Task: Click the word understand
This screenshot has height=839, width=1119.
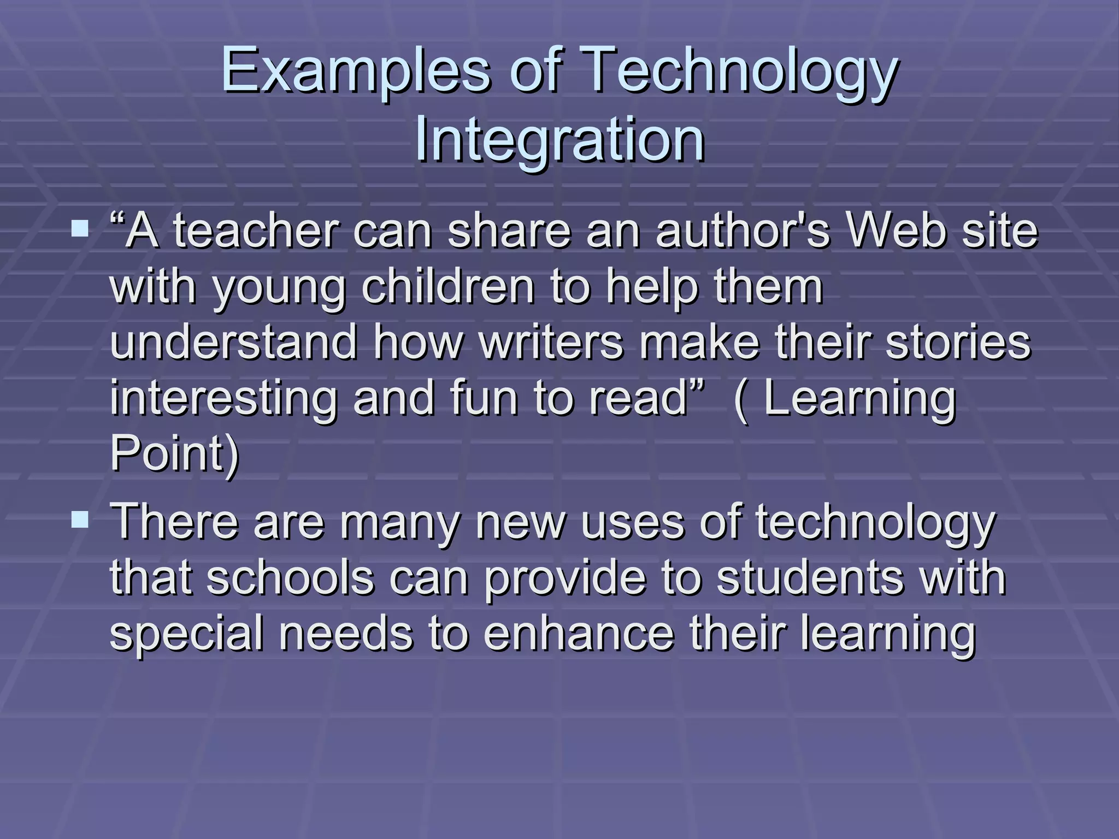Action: click(x=234, y=342)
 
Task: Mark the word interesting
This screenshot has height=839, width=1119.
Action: click(x=223, y=398)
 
